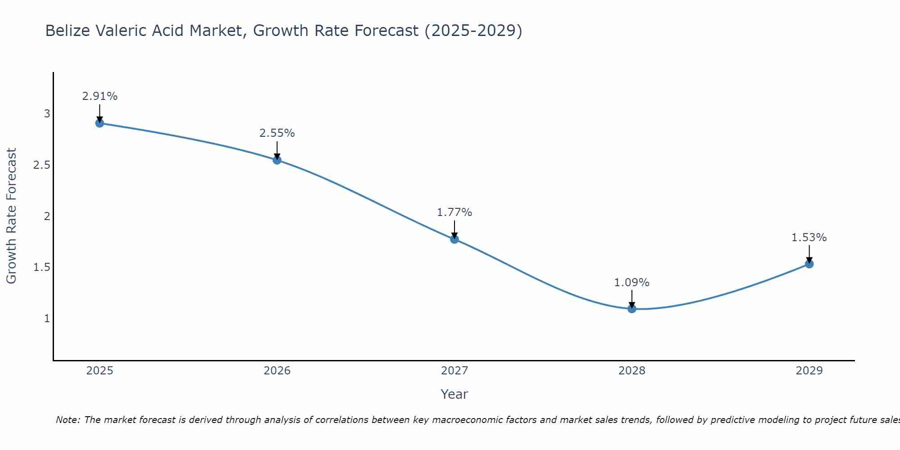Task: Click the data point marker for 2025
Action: point(100,123)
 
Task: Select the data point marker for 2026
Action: point(277,160)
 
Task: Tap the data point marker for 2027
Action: point(454,239)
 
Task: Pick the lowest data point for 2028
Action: point(632,309)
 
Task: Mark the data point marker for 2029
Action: point(809,264)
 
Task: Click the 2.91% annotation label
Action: point(100,96)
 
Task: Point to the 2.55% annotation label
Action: point(277,133)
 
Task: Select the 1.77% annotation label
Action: point(454,212)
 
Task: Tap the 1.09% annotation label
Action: point(632,283)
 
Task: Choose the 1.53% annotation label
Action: point(809,238)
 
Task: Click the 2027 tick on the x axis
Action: point(454,371)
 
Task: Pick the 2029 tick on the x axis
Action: point(809,371)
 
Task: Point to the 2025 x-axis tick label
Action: point(100,371)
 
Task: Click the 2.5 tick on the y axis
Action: point(41,165)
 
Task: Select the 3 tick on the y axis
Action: point(47,114)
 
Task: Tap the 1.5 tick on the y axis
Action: point(41,267)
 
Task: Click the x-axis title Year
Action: point(454,394)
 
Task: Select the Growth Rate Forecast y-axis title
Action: point(11,216)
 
